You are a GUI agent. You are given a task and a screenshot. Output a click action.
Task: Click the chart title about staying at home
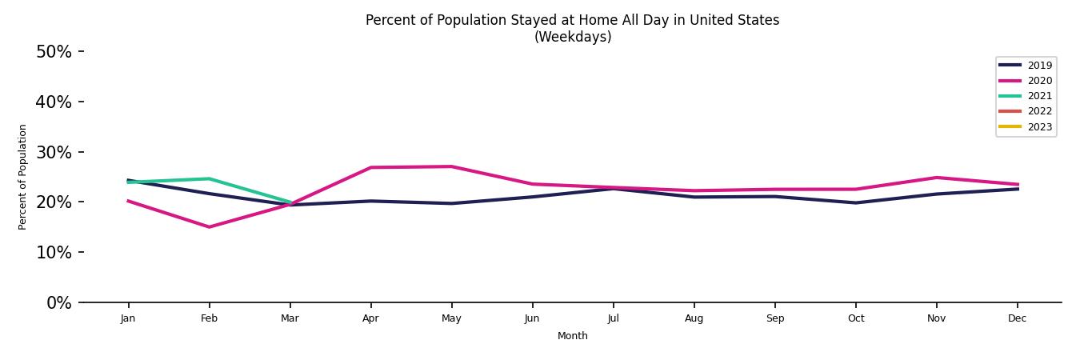572,21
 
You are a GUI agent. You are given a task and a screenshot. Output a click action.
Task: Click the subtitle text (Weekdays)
572,38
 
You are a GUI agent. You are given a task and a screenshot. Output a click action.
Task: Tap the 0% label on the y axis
59,302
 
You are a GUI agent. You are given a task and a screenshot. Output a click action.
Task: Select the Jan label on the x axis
128,318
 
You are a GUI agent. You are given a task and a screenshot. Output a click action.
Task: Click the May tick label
451,318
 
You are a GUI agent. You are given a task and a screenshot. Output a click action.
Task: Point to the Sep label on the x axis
774,318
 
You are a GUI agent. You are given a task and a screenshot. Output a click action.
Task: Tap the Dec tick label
1017,318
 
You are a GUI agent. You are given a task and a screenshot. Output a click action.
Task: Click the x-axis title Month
572,336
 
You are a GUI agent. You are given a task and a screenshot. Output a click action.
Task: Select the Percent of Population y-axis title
23,177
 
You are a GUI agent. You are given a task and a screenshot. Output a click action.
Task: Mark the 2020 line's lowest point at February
209,227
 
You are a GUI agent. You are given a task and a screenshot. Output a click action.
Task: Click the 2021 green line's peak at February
209,178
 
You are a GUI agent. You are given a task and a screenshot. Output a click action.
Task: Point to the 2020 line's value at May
451,166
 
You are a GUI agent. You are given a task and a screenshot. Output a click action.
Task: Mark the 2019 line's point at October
855,202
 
